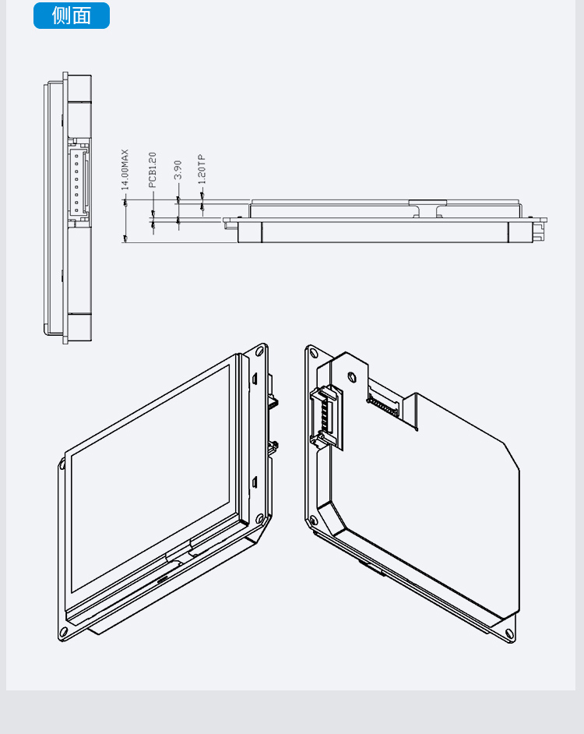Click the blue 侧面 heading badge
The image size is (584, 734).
(72, 16)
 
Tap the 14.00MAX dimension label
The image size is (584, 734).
(125, 169)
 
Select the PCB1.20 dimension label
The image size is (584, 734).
(152, 169)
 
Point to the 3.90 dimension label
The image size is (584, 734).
(178, 169)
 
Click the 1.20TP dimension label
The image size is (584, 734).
(202, 169)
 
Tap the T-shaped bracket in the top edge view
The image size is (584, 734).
(427, 208)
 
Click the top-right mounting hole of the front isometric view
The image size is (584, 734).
(259, 351)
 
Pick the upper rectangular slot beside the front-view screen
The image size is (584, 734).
(255, 379)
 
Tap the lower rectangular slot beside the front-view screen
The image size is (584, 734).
(255, 482)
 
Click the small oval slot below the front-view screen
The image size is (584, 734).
(164, 580)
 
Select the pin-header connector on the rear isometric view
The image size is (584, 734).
(325, 417)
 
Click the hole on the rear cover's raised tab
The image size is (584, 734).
(353, 376)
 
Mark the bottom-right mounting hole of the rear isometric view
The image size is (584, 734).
(510, 634)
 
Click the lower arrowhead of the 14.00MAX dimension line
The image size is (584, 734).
(125, 238)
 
